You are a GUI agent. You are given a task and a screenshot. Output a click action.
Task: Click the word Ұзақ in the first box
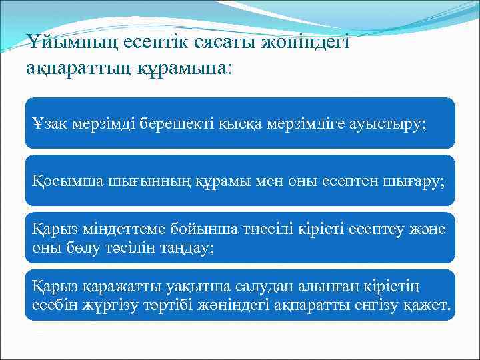(50, 123)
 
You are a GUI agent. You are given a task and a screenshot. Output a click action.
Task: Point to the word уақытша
(176, 287)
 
